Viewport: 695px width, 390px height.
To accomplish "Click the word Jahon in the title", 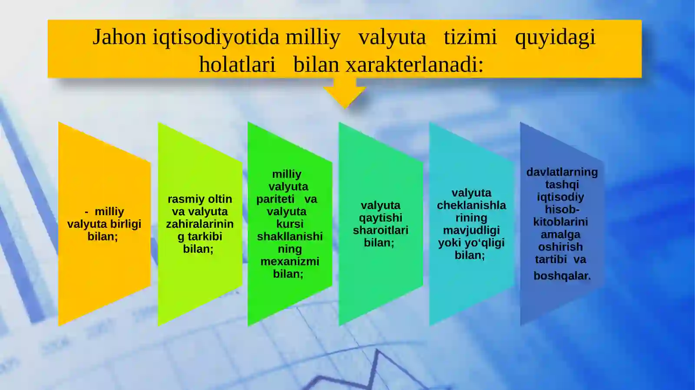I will [x=119, y=37].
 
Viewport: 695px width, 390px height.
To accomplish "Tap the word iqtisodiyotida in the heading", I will [x=215, y=37].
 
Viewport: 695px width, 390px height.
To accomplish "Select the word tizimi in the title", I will [x=470, y=37].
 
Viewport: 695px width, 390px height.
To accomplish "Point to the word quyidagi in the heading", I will [x=555, y=38].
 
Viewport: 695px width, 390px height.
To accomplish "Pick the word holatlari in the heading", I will [x=237, y=65].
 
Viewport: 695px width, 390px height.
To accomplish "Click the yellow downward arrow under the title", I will [x=344, y=93].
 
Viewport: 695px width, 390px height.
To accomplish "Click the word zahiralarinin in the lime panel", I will [x=200, y=224].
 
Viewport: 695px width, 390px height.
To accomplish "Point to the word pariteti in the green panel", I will [x=275, y=200].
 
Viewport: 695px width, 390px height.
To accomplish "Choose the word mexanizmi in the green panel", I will [x=290, y=262].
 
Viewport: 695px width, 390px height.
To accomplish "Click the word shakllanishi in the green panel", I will [x=290, y=236].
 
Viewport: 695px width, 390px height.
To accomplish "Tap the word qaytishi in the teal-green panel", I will [x=381, y=218].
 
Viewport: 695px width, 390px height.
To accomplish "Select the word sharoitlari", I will [x=381, y=230].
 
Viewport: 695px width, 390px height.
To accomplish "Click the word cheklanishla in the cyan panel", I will [x=471, y=205].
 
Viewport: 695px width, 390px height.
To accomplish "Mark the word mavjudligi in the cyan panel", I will [x=471, y=230].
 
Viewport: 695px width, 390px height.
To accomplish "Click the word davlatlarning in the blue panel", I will [x=562, y=172].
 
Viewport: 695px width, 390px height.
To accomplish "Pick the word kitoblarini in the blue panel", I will [x=560, y=222].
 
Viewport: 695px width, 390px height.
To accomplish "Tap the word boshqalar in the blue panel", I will [x=561, y=276].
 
